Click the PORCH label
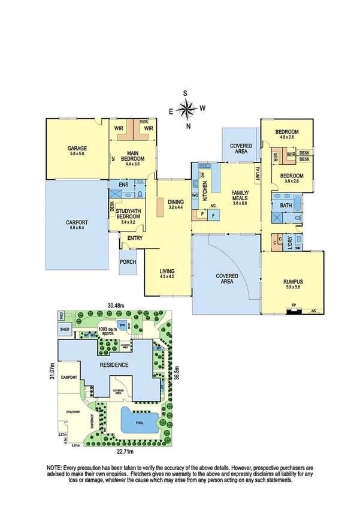(x=128, y=262)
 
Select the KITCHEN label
(x=204, y=192)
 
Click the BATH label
(x=286, y=206)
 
